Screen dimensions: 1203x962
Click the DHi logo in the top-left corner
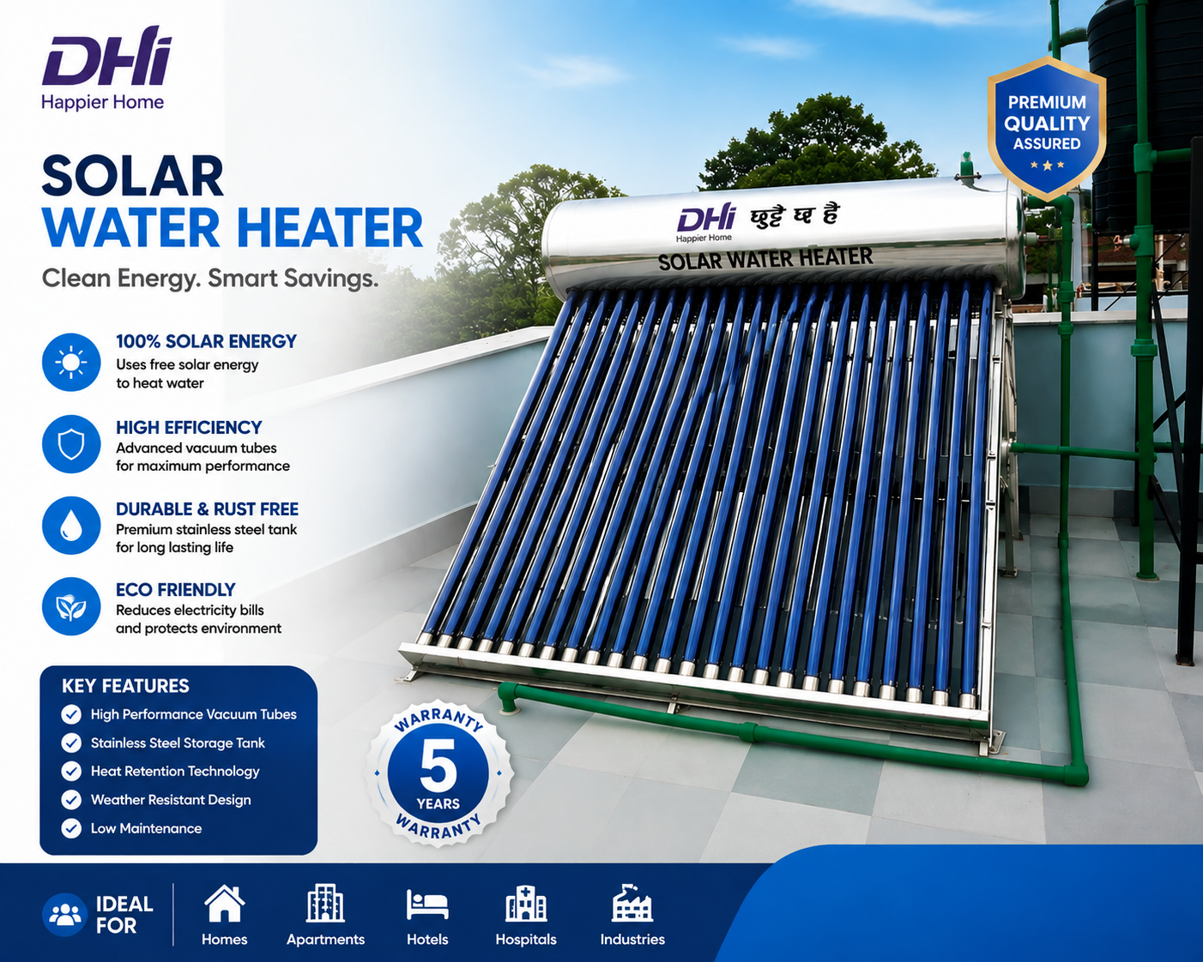click(x=106, y=68)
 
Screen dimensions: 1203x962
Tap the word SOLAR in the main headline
click(x=132, y=176)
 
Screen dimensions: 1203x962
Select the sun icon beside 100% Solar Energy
click(x=71, y=362)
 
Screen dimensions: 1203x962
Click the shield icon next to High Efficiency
click(x=71, y=444)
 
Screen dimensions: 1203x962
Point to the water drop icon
click(x=71, y=525)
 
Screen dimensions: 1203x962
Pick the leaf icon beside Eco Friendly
click(x=71, y=606)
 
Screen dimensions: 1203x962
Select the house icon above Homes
click(x=224, y=904)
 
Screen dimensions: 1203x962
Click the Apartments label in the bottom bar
click(x=325, y=939)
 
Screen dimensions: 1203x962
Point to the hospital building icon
click(x=525, y=904)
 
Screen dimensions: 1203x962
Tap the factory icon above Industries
click(x=632, y=903)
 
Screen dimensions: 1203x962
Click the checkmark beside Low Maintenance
click(x=71, y=828)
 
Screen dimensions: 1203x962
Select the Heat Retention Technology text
click(x=175, y=771)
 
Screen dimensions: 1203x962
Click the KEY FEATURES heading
click(x=125, y=685)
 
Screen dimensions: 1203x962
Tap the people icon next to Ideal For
click(x=65, y=915)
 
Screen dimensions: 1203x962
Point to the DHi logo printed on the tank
click(x=705, y=222)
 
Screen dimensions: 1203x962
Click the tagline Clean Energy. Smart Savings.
click(x=210, y=279)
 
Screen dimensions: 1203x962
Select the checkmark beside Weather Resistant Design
click(x=71, y=799)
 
